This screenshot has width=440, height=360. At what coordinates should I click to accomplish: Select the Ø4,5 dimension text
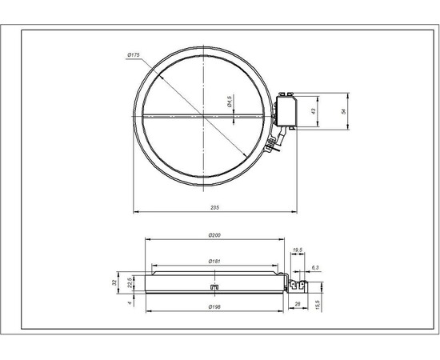(x=230, y=101)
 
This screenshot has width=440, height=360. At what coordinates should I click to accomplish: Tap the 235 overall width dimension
(x=214, y=206)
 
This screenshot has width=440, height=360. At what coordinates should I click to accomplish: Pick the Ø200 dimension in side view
(x=214, y=235)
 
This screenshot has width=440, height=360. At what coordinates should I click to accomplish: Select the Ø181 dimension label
(x=214, y=262)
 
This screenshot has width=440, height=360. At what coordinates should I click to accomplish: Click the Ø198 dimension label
(x=214, y=308)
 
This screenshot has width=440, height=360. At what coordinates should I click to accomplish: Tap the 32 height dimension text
(x=115, y=282)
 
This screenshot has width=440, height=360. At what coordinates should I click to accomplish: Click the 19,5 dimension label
(x=298, y=250)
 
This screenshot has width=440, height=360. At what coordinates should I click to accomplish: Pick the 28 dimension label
(x=296, y=304)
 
